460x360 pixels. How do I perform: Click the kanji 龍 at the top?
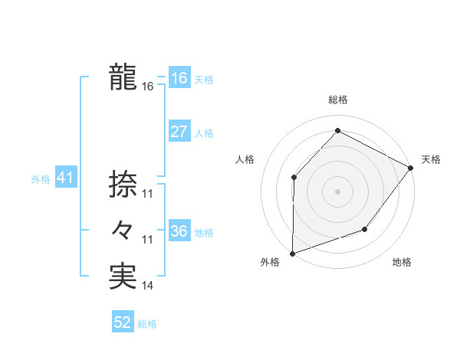click(122, 78)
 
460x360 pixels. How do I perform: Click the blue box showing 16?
click(179, 78)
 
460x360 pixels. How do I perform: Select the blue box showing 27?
click(179, 132)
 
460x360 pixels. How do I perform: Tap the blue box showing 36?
click(179, 231)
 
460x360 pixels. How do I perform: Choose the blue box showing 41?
click(65, 178)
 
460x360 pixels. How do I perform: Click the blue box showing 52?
click(123, 323)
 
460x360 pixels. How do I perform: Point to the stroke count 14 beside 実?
click(148, 286)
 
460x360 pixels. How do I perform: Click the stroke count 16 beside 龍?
click(148, 87)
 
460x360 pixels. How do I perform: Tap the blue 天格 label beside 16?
click(204, 80)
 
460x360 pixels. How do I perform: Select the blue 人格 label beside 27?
click(204, 133)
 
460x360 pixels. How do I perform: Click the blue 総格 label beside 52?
click(147, 324)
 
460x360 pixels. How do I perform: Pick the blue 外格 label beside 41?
click(41, 179)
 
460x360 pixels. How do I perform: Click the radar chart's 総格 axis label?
click(337, 100)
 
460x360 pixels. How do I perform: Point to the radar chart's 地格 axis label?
click(402, 263)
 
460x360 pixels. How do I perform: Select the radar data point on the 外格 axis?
click(293, 253)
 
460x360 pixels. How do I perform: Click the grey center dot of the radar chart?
click(337, 191)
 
